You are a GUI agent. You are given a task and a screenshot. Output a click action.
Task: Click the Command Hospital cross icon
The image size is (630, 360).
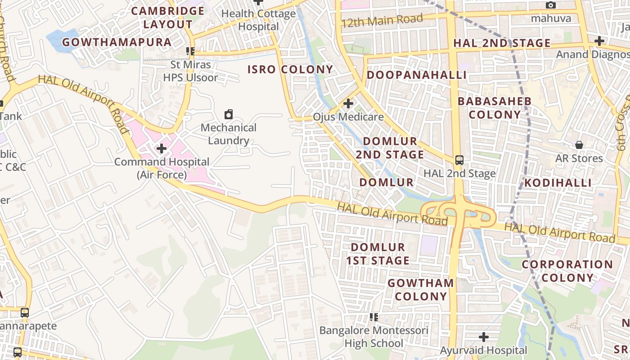(x=162, y=148)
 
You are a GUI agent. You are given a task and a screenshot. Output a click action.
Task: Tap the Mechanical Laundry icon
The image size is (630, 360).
(x=229, y=114)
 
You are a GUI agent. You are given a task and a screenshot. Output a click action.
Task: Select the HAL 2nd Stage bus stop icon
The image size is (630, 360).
(x=459, y=160)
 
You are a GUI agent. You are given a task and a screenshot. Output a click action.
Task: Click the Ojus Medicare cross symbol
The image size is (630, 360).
(x=348, y=104)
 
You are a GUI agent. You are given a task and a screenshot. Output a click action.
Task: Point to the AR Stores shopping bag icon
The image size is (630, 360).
(x=579, y=145)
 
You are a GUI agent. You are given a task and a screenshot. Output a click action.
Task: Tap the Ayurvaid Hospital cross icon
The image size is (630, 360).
(x=483, y=337)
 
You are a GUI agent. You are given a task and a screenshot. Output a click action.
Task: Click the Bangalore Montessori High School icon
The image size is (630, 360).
(x=373, y=317)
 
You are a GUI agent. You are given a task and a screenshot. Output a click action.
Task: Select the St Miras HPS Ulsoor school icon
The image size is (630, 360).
(x=190, y=51)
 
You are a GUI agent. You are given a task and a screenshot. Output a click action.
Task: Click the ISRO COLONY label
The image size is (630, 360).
(x=290, y=69)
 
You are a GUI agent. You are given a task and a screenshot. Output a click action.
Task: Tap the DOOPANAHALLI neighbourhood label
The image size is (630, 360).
(x=416, y=75)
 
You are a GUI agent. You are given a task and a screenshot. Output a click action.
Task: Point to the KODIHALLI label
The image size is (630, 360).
(x=558, y=183)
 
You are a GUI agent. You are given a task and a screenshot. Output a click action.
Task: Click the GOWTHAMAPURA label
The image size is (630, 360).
(x=117, y=42)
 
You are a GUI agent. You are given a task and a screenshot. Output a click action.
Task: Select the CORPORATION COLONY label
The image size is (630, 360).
(x=567, y=271)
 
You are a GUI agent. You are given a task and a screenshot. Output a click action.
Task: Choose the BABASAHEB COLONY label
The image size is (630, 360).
(x=495, y=108)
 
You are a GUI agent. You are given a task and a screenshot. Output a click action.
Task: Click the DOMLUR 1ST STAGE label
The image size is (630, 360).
(x=378, y=254)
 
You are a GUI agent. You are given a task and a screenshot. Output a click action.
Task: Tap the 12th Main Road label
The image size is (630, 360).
(x=382, y=20)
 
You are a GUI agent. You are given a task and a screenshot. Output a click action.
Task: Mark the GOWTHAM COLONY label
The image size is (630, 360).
(x=421, y=289)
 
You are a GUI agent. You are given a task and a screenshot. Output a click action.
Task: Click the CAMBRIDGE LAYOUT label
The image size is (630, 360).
(x=168, y=18)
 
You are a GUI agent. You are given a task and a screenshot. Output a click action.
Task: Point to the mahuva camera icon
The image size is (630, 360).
(x=550, y=5)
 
